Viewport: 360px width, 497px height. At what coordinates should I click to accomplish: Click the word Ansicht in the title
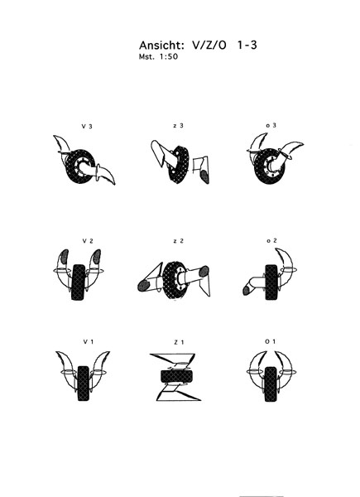161,46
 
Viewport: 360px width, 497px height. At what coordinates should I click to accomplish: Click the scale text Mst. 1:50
158,56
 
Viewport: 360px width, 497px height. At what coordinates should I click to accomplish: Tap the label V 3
87,126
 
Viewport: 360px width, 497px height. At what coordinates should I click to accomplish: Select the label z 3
178,126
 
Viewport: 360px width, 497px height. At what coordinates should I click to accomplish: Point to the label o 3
271,125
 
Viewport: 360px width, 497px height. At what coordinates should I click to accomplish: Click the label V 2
88,241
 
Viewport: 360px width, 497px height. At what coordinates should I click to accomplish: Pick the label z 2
179,241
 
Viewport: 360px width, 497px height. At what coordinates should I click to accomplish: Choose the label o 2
271,240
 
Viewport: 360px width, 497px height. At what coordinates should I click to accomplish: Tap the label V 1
89,341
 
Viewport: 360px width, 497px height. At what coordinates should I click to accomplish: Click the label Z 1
179,342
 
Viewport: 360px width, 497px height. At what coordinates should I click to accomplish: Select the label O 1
270,341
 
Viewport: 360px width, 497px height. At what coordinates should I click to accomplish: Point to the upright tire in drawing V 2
78,282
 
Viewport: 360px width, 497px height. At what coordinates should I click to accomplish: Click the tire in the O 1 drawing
271,384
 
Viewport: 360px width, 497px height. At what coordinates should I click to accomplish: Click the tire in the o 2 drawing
271,282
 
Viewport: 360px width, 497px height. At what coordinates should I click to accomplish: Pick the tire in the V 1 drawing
83,384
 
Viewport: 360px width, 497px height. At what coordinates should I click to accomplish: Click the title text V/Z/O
209,46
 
